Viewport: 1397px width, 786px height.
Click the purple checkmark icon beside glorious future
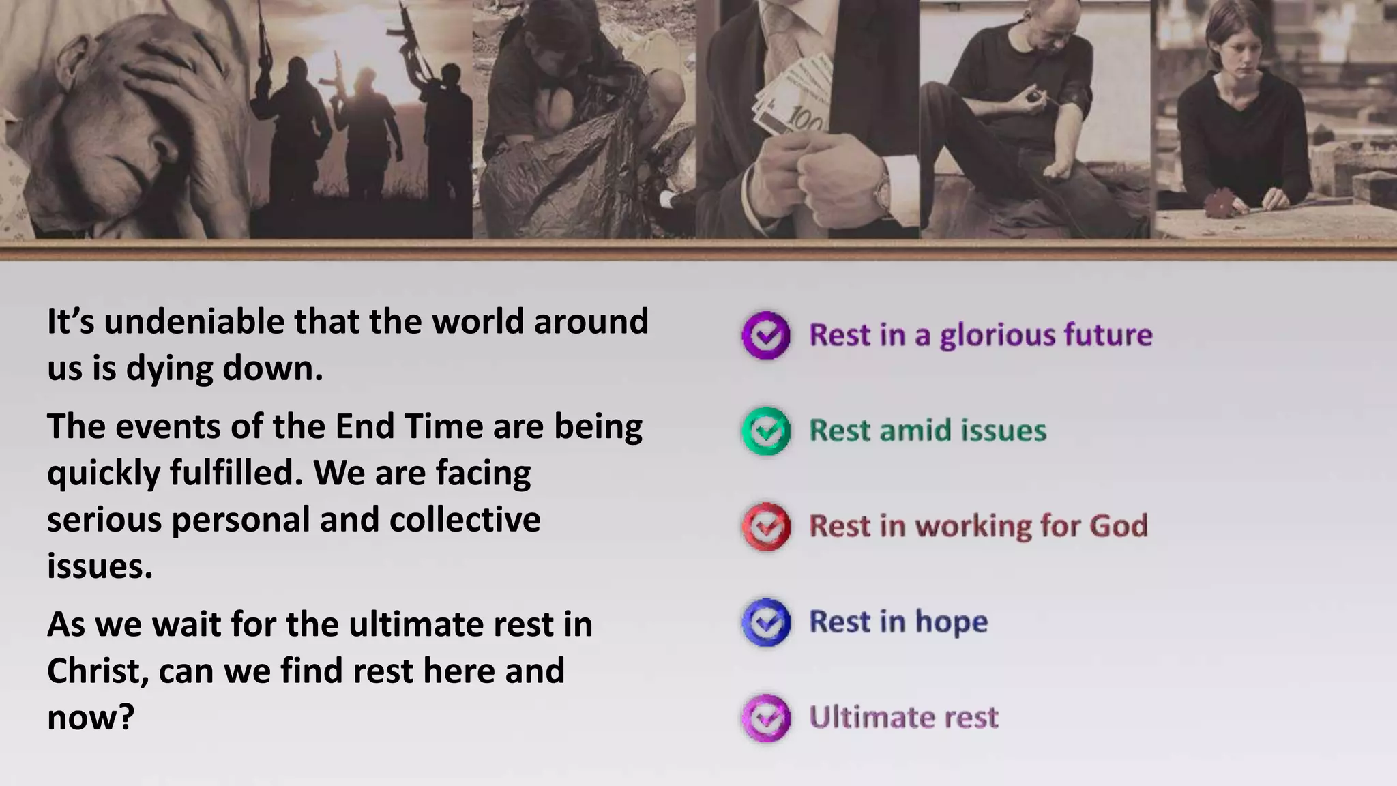point(766,335)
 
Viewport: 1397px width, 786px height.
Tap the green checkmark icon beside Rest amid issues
point(766,431)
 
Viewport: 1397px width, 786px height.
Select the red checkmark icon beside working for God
point(766,526)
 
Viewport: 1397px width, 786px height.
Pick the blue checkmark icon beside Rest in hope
point(766,622)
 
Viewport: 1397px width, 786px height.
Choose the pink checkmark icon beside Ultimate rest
point(766,717)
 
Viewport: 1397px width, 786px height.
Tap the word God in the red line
point(1119,526)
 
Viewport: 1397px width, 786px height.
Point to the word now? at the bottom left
point(91,718)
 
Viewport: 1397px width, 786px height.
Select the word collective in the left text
point(465,520)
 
